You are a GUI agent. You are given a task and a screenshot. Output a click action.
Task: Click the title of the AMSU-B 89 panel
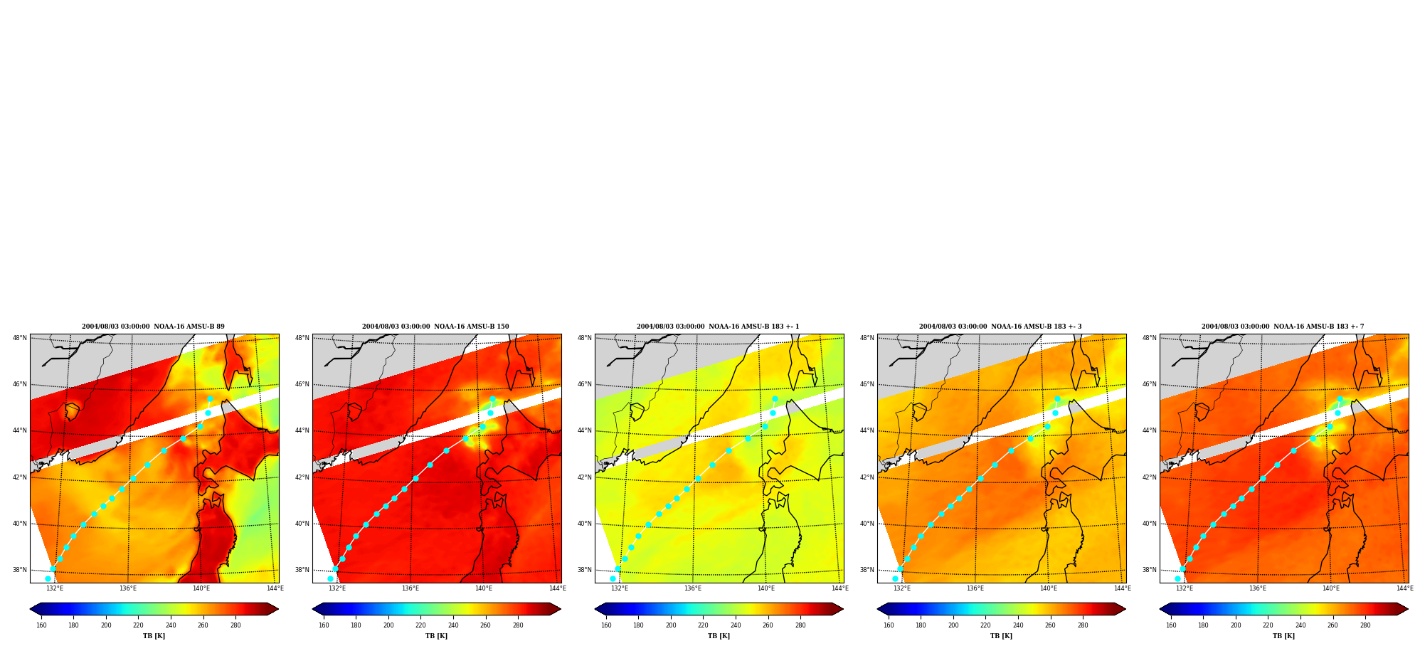coord(153,327)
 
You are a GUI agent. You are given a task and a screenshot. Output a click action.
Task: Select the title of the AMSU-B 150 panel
coord(435,327)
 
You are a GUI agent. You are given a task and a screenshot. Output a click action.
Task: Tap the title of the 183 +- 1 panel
coord(718,327)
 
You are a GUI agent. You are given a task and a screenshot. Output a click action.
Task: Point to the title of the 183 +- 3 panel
coord(1000,327)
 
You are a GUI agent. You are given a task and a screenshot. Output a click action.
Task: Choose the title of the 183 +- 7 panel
coord(1283,327)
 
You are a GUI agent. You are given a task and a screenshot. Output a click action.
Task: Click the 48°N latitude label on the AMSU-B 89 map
coord(20,338)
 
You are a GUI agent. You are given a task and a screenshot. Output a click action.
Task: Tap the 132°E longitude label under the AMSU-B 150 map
coord(337,588)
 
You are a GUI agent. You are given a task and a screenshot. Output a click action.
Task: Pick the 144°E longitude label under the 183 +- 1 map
coord(839,588)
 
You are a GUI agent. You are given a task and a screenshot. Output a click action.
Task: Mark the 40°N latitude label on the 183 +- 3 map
coord(867,524)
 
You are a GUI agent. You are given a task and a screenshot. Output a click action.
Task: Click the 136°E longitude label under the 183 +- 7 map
coord(1258,588)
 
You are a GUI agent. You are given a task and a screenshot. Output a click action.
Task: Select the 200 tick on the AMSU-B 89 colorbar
coord(106,625)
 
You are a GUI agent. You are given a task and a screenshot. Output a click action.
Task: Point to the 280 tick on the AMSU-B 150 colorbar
coord(518,625)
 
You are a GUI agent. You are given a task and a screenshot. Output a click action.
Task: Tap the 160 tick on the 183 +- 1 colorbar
coord(606,625)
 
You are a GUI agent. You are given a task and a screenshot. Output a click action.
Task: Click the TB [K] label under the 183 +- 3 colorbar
coord(1001,636)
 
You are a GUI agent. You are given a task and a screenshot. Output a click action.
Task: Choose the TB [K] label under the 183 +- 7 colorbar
coord(1283,636)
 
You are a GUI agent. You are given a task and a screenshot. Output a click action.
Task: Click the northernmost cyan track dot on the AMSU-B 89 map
coord(210,399)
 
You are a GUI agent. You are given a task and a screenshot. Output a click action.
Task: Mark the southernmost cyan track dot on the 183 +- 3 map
coord(895,578)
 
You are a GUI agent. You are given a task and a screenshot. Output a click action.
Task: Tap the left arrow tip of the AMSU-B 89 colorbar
coord(30,609)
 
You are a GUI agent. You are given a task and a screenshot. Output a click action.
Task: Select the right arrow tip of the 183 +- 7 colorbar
coord(1408,609)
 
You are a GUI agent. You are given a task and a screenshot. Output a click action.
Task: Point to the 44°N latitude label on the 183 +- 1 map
coord(585,430)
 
